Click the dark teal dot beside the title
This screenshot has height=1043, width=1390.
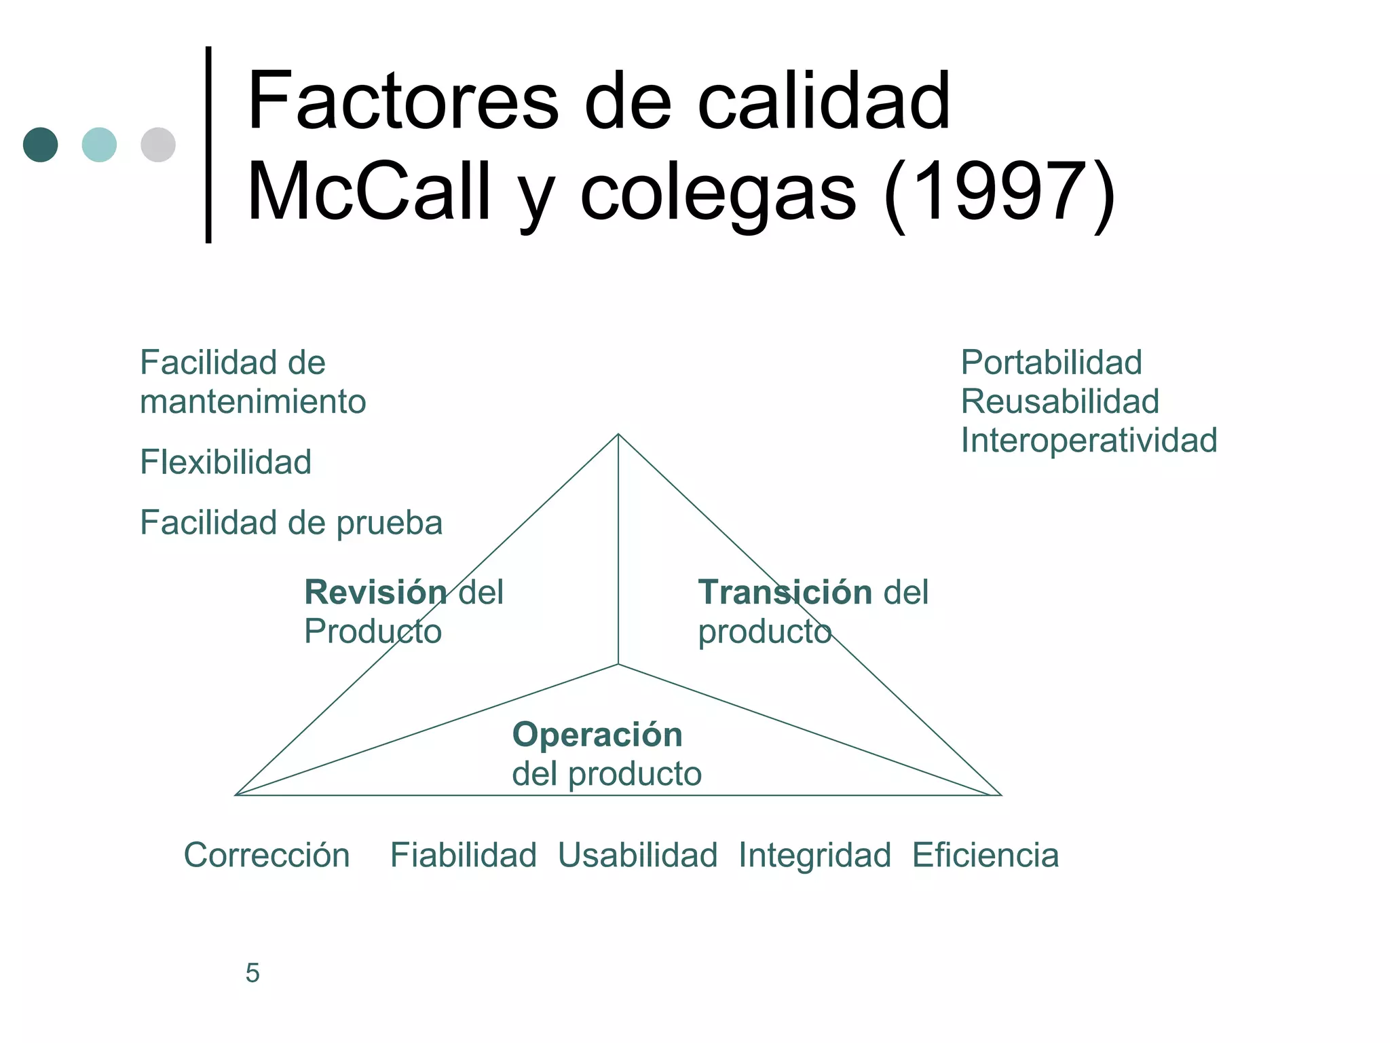point(40,145)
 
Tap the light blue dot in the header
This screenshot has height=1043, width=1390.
point(99,145)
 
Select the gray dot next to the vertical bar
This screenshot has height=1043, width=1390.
point(158,145)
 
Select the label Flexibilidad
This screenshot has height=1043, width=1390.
point(225,462)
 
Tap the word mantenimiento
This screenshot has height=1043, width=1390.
point(252,401)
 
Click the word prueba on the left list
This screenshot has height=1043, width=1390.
point(390,523)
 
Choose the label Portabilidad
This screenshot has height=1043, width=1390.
point(1051,363)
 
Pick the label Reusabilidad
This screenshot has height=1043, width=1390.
point(1059,401)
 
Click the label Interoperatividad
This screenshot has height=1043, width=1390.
point(1089,440)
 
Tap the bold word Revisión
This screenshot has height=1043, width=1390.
point(375,592)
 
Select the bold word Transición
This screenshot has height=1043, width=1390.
point(785,592)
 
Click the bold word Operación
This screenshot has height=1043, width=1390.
point(597,735)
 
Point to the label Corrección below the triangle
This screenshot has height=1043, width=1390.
point(267,855)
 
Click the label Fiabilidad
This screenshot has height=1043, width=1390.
point(463,855)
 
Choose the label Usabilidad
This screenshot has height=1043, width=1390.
point(637,855)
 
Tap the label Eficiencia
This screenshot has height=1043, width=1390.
point(985,855)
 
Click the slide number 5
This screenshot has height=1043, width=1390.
point(252,973)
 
